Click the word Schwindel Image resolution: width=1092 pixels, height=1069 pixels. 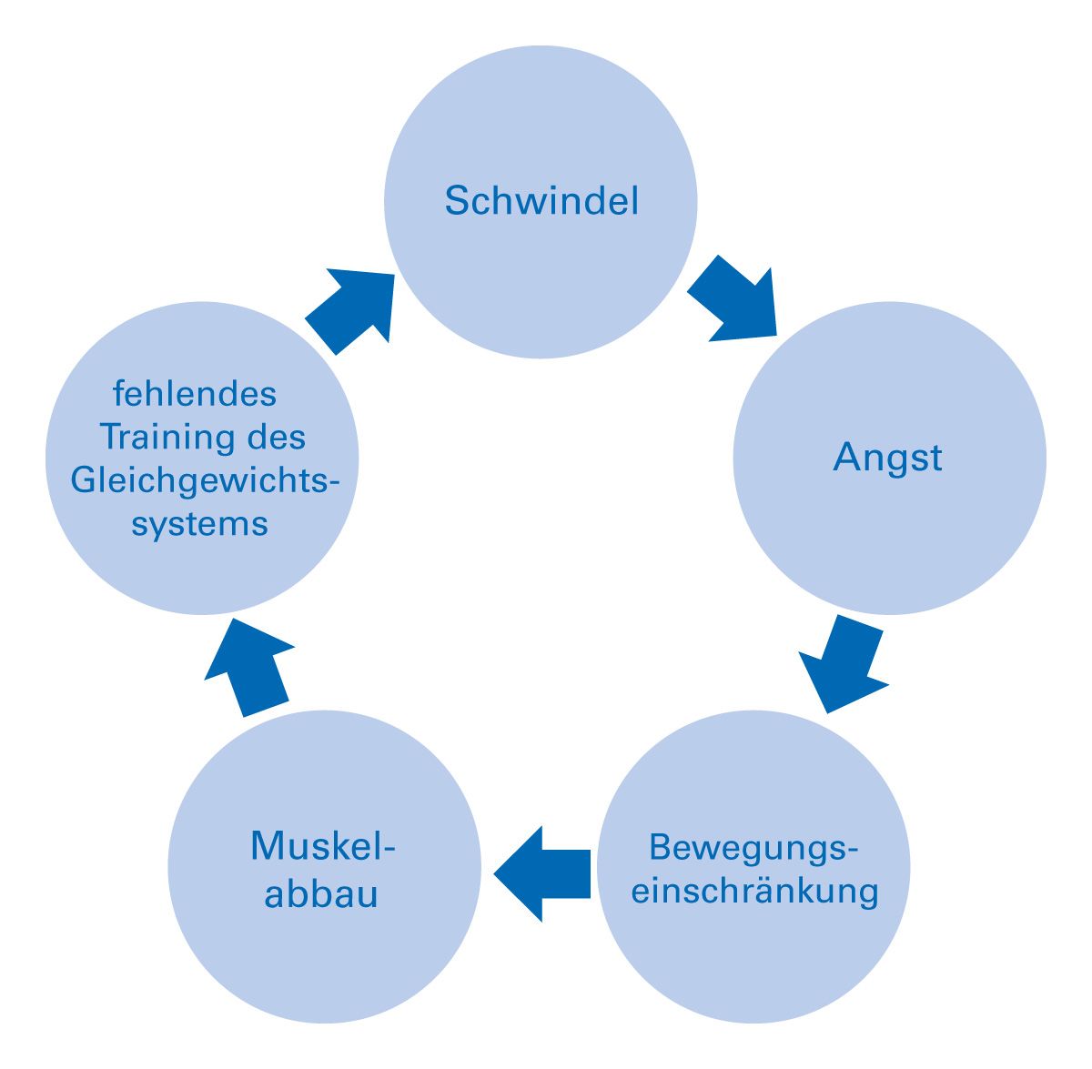[x=541, y=201]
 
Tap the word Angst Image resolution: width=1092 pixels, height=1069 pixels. [x=887, y=458]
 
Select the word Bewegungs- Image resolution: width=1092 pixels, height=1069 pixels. [x=754, y=847]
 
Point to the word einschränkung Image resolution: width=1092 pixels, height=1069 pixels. [x=754, y=890]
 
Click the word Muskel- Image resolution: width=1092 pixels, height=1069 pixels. [x=324, y=847]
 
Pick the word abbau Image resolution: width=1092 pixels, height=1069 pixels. [x=321, y=893]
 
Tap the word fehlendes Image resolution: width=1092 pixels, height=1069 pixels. [x=195, y=395]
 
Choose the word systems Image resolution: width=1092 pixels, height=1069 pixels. [x=200, y=524]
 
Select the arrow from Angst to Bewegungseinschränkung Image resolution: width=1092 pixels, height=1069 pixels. [x=841, y=664]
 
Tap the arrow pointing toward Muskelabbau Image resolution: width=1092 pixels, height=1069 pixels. [x=542, y=873]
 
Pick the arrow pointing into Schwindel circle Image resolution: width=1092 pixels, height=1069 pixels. [x=351, y=309]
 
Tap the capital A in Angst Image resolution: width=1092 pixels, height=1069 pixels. [x=845, y=457]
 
